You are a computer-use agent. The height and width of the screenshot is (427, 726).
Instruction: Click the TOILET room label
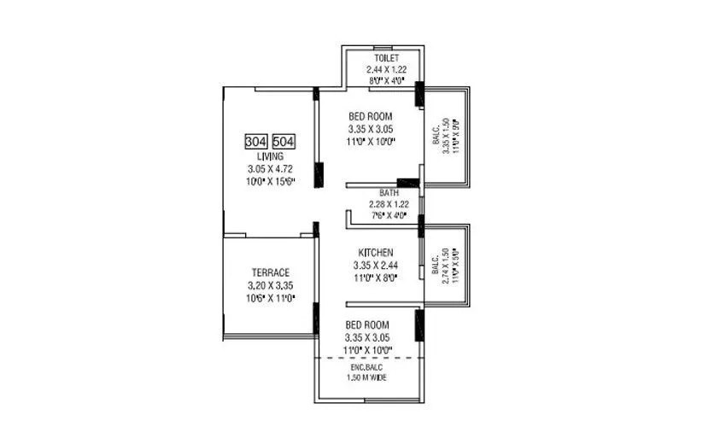tap(374, 58)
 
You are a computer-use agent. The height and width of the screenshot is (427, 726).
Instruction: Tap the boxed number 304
tap(255, 142)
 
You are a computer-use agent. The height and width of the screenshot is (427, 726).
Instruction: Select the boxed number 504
tap(284, 142)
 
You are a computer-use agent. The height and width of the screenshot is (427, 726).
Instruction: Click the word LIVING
tap(269, 157)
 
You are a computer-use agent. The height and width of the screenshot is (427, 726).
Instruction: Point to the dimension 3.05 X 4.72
tap(269, 169)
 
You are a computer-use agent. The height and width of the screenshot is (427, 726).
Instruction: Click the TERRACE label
tap(270, 272)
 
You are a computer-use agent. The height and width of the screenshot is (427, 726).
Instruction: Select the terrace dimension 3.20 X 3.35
tap(270, 284)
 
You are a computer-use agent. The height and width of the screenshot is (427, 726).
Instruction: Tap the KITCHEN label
tap(375, 253)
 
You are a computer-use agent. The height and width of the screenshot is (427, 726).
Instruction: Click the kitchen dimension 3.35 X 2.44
tap(375, 265)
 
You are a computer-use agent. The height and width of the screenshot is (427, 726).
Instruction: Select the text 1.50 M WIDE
tap(368, 377)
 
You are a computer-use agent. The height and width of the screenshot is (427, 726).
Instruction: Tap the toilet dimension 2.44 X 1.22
tap(374, 69)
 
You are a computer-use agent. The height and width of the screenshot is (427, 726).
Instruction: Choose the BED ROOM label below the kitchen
tap(367, 325)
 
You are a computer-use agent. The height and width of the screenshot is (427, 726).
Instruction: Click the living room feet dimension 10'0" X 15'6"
tap(269, 181)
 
